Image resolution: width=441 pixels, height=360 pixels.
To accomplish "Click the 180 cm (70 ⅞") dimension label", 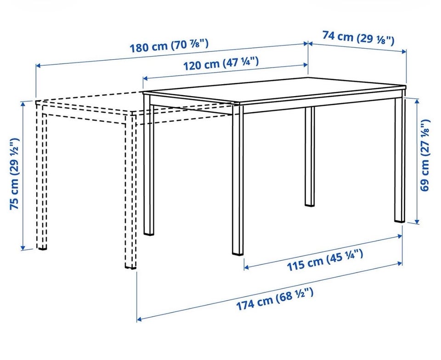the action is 169,46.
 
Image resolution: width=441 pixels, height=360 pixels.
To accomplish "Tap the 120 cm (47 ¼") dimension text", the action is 221,64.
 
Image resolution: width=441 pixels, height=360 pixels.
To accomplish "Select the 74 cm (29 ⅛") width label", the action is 358,38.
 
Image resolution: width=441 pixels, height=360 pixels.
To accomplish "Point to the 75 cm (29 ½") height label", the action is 14,174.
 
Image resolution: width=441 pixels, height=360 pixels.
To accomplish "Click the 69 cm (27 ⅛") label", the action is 425,155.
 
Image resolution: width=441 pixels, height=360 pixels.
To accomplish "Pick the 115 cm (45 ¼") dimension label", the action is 325,260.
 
